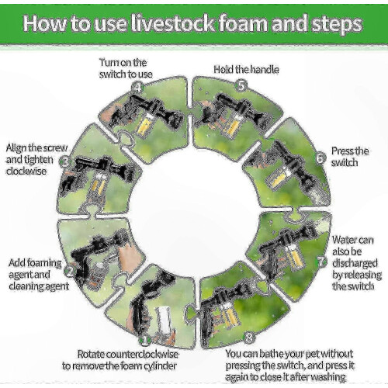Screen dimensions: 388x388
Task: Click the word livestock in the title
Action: [x=172, y=23]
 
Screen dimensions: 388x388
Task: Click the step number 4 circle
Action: [x=138, y=88]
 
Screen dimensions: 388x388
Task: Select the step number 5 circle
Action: [x=241, y=85]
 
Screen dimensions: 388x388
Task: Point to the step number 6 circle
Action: [x=320, y=158]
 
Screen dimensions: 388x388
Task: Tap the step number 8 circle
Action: [x=249, y=338]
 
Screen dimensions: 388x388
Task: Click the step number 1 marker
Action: [x=145, y=340]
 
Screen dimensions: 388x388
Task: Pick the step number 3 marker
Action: [x=66, y=162]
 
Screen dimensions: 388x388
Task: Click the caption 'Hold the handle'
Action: [x=246, y=70]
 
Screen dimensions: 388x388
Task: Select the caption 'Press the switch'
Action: [x=350, y=157]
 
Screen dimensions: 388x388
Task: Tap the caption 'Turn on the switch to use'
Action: [x=126, y=68]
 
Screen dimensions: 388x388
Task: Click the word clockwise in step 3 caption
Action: [x=26, y=171]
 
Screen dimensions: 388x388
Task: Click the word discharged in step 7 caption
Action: [x=355, y=263]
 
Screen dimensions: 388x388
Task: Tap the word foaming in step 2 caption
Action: [x=44, y=263]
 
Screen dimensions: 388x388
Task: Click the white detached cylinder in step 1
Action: [x=164, y=320]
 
